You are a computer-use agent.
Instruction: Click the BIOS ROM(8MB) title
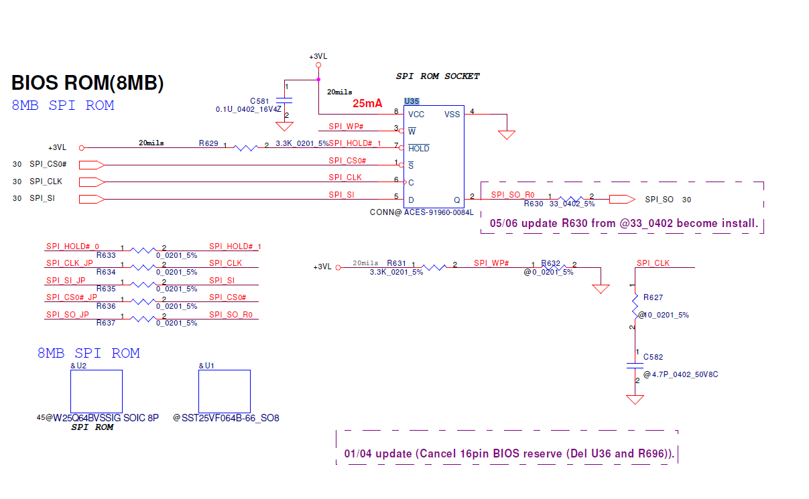pyautogui.click(x=88, y=83)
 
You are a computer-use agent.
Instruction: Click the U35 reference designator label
pyautogui.click(x=412, y=101)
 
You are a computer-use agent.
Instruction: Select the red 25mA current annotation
pyautogui.click(x=367, y=104)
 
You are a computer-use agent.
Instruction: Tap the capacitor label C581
pyautogui.click(x=260, y=100)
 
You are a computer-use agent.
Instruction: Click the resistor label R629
pyautogui.click(x=208, y=143)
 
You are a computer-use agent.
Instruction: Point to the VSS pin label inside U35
pyautogui.click(x=452, y=115)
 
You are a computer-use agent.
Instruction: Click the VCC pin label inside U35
pyautogui.click(x=416, y=115)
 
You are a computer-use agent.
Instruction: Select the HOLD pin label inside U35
pyautogui.click(x=419, y=149)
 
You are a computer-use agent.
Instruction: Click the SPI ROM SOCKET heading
pyautogui.click(x=438, y=76)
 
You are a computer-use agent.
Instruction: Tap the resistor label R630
pyautogui.click(x=534, y=204)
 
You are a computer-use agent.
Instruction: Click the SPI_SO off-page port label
pyautogui.click(x=659, y=200)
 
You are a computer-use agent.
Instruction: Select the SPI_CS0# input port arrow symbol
pyautogui.click(x=91, y=164)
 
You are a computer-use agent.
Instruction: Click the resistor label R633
pyautogui.click(x=106, y=255)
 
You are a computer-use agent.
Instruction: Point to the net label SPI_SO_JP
pyautogui.click(x=68, y=314)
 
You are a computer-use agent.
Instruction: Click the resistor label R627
pyautogui.click(x=653, y=297)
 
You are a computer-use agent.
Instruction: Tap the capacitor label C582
pyautogui.click(x=653, y=357)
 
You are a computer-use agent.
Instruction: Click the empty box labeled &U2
pyautogui.click(x=97, y=391)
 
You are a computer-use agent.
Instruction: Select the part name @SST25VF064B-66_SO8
pyautogui.click(x=226, y=418)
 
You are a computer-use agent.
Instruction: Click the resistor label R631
pyautogui.click(x=397, y=263)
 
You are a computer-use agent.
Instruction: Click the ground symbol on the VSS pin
pyautogui.click(x=507, y=134)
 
